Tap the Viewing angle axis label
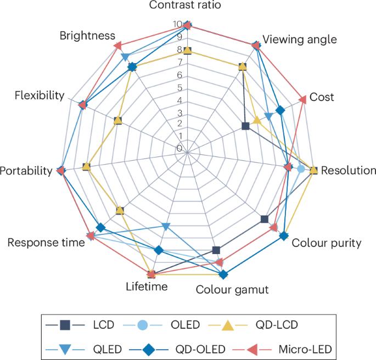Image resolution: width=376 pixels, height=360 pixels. pos(299,40)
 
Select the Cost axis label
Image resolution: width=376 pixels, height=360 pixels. pos(322,97)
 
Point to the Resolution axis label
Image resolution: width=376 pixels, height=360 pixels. pos(349,170)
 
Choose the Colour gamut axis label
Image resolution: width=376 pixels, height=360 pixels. pos(233,290)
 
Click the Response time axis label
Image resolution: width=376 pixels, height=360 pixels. pos(46,243)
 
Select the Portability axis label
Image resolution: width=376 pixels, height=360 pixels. pos(26,171)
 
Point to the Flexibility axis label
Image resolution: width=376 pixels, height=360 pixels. pos(40,95)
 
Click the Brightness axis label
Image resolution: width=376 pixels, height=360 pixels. pos(87,36)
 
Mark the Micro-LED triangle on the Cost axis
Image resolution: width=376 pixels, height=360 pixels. pos(303,99)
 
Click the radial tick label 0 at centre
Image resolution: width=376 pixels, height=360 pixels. pos(179,148)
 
